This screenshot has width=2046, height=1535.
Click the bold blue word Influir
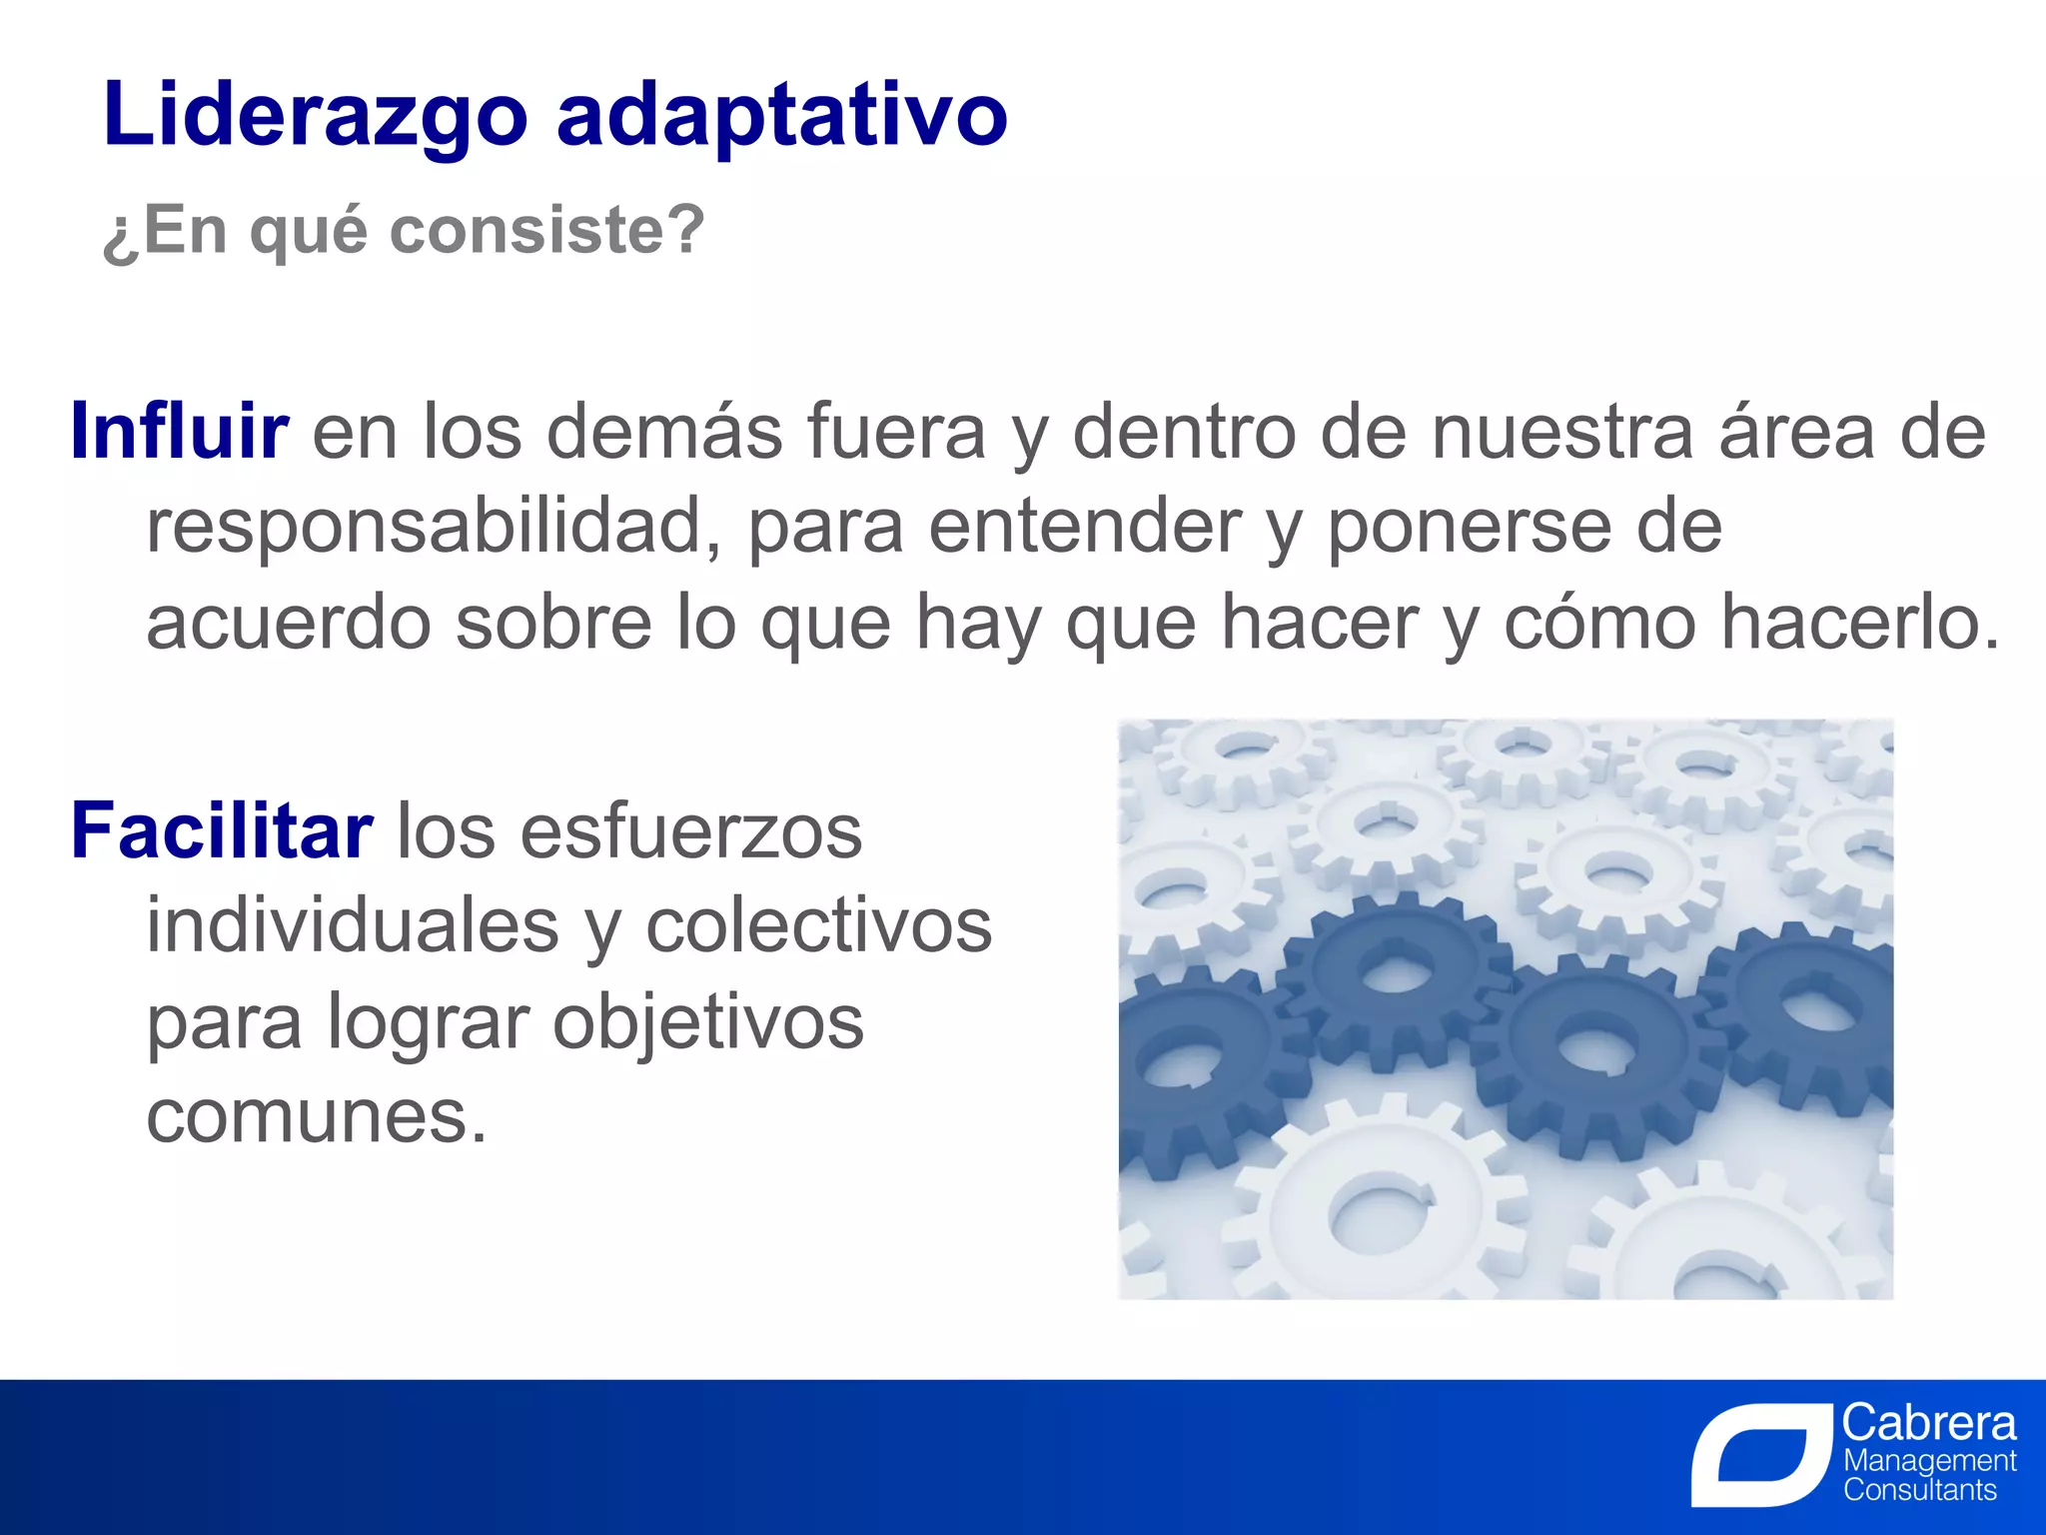180,432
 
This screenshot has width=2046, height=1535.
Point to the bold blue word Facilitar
222,831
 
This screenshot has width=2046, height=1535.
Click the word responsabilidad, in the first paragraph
434,528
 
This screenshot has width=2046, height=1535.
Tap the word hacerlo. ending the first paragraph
1860,624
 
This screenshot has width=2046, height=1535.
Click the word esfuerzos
690,831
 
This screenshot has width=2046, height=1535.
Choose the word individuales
353,926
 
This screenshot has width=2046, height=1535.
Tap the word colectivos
819,926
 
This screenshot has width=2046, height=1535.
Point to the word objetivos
708,1023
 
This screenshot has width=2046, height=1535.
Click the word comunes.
317,1117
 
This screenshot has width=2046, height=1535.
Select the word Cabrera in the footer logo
1929,1422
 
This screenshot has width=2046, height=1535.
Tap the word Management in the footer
1929,1461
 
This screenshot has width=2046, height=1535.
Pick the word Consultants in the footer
1919,1491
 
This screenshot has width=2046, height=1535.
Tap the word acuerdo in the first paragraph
289,624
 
